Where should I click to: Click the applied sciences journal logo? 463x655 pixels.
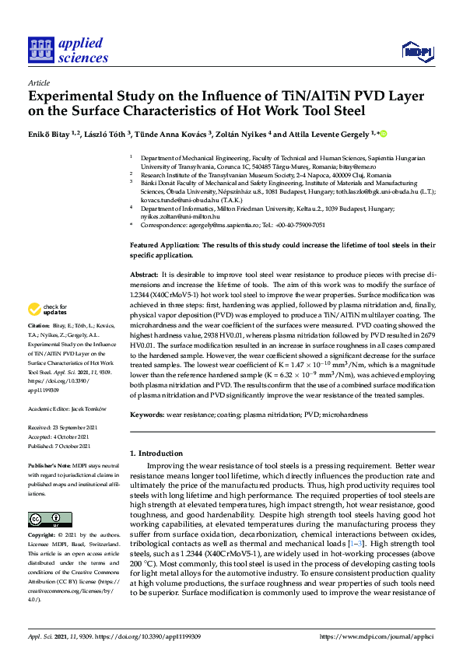click(x=68, y=48)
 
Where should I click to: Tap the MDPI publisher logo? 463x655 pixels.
click(x=416, y=51)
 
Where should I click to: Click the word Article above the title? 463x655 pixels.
click(x=38, y=82)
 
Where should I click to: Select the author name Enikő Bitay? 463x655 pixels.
click(x=53, y=134)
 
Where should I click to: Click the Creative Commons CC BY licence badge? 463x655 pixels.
click(x=44, y=519)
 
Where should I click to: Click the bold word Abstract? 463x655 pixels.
click(x=143, y=275)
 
